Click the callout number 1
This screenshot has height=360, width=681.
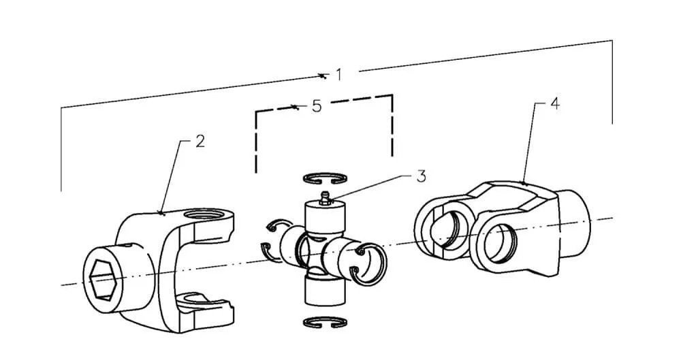click(338, 75)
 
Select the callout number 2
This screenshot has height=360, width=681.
click(200, 141)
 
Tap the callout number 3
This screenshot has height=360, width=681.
click(421, 176)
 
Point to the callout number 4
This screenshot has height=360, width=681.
click(555, 104)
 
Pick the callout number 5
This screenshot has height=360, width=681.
click(317, 106)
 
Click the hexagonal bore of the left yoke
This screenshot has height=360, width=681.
click(103, 280)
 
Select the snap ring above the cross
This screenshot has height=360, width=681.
click(325, 178)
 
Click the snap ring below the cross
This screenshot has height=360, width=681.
click(325, 322)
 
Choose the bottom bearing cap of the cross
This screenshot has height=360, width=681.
click(326, 291)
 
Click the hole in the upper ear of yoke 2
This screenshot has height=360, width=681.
click(203, 214)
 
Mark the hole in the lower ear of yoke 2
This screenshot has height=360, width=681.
click(198, 298)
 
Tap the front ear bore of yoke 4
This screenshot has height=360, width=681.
click(498, 243)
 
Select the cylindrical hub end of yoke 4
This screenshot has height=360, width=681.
click(574, 223)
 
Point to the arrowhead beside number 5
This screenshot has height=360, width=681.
click(295, 106)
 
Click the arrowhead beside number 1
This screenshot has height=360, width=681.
click(322, 76)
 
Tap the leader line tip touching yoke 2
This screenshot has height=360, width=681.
click(161, 213)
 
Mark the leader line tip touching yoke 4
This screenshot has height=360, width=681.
click(524, 183)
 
